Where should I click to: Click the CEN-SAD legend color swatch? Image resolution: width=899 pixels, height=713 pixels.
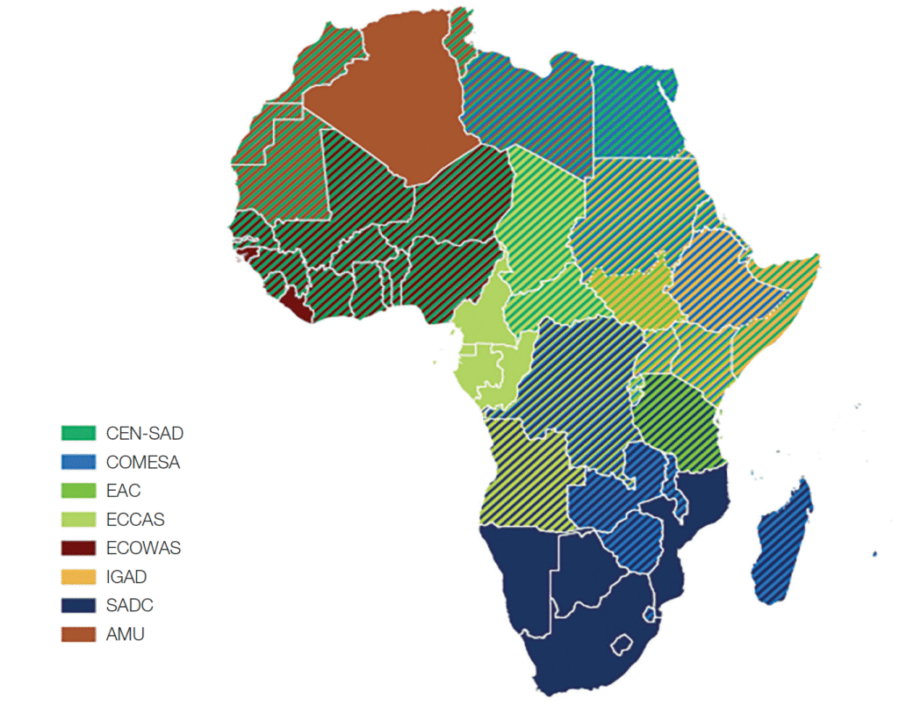tap(78, 433)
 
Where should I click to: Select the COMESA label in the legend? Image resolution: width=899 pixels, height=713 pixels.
tap(142, 462)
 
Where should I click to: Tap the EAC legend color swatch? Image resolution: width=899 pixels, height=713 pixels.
tap(78, 491)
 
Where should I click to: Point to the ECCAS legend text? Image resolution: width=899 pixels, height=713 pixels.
tap(135, 520)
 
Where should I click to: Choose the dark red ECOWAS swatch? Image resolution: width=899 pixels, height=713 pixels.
tap(78, 549)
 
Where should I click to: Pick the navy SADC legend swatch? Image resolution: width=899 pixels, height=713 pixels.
tap(78, 606)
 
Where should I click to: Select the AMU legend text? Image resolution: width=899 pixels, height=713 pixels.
tap(125, 634)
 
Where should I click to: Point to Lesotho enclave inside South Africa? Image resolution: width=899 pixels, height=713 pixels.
tap(624, 645)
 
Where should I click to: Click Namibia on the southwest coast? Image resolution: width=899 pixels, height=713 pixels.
tap(518, 580)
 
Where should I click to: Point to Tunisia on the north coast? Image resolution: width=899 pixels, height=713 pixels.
tap(458, 35)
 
